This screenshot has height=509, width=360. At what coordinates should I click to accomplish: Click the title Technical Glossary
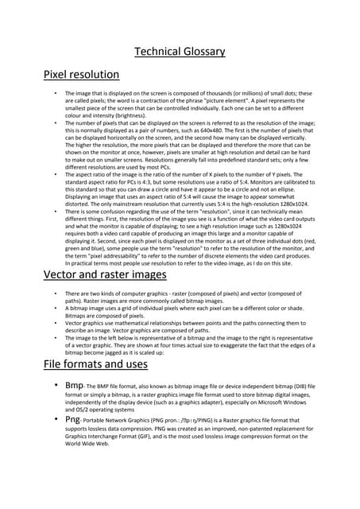coord(180,52)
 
